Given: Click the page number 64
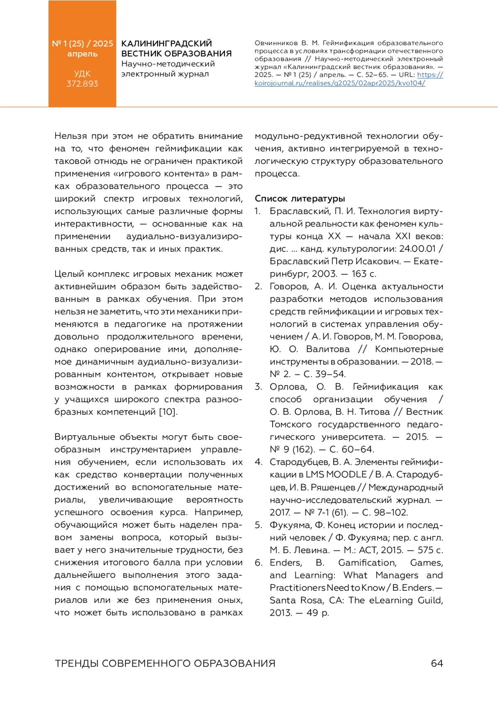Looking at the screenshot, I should [437, 663].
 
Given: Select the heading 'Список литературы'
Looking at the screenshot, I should [300, 198].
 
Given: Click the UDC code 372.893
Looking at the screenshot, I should [82, 84].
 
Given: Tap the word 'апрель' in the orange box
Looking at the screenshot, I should [82, 54].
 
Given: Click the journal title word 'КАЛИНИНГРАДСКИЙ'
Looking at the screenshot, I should [166, 44].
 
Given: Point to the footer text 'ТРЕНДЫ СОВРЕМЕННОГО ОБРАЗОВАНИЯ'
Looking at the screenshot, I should [165, 663].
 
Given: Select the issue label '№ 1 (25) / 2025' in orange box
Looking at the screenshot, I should [82, 44].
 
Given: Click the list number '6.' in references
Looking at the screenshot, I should [258, 563].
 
